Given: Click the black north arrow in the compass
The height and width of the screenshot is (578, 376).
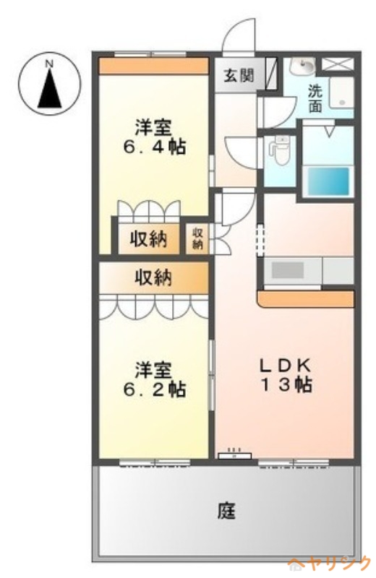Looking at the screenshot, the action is click(x=49, y=89).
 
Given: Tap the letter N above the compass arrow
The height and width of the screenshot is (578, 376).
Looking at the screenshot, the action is click(x=48, y=64).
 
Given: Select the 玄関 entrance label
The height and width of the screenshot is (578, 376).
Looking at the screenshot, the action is click(x=239, y=76).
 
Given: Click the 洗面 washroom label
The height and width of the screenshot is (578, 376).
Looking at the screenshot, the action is click(x=315, y=98).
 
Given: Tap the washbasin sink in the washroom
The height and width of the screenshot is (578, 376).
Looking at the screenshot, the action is click(x=302, y=66).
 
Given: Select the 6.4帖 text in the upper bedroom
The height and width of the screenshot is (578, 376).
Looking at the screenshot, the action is click(x=154, y=147).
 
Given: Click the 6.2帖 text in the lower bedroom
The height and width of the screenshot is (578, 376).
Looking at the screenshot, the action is click(x=154, y=389).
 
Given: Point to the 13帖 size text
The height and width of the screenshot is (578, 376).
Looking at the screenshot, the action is click(x=287, y=385).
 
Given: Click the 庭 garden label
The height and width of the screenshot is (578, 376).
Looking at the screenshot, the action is click(x=226, y=511).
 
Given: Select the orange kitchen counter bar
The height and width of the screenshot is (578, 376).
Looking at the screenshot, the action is click(x=306, y=299).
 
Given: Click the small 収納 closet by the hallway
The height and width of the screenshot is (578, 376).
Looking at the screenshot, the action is click(x=197, y=238).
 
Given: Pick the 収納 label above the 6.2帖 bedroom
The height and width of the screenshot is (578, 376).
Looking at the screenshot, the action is click(x=153, y=277).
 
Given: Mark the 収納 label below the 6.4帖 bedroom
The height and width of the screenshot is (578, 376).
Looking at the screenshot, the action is click(x=148, y=239).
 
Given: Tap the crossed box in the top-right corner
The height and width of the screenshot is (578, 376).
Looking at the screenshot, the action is click(x=338, y=64).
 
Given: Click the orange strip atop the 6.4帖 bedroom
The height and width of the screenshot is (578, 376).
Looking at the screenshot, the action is click(x=153, y=66).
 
